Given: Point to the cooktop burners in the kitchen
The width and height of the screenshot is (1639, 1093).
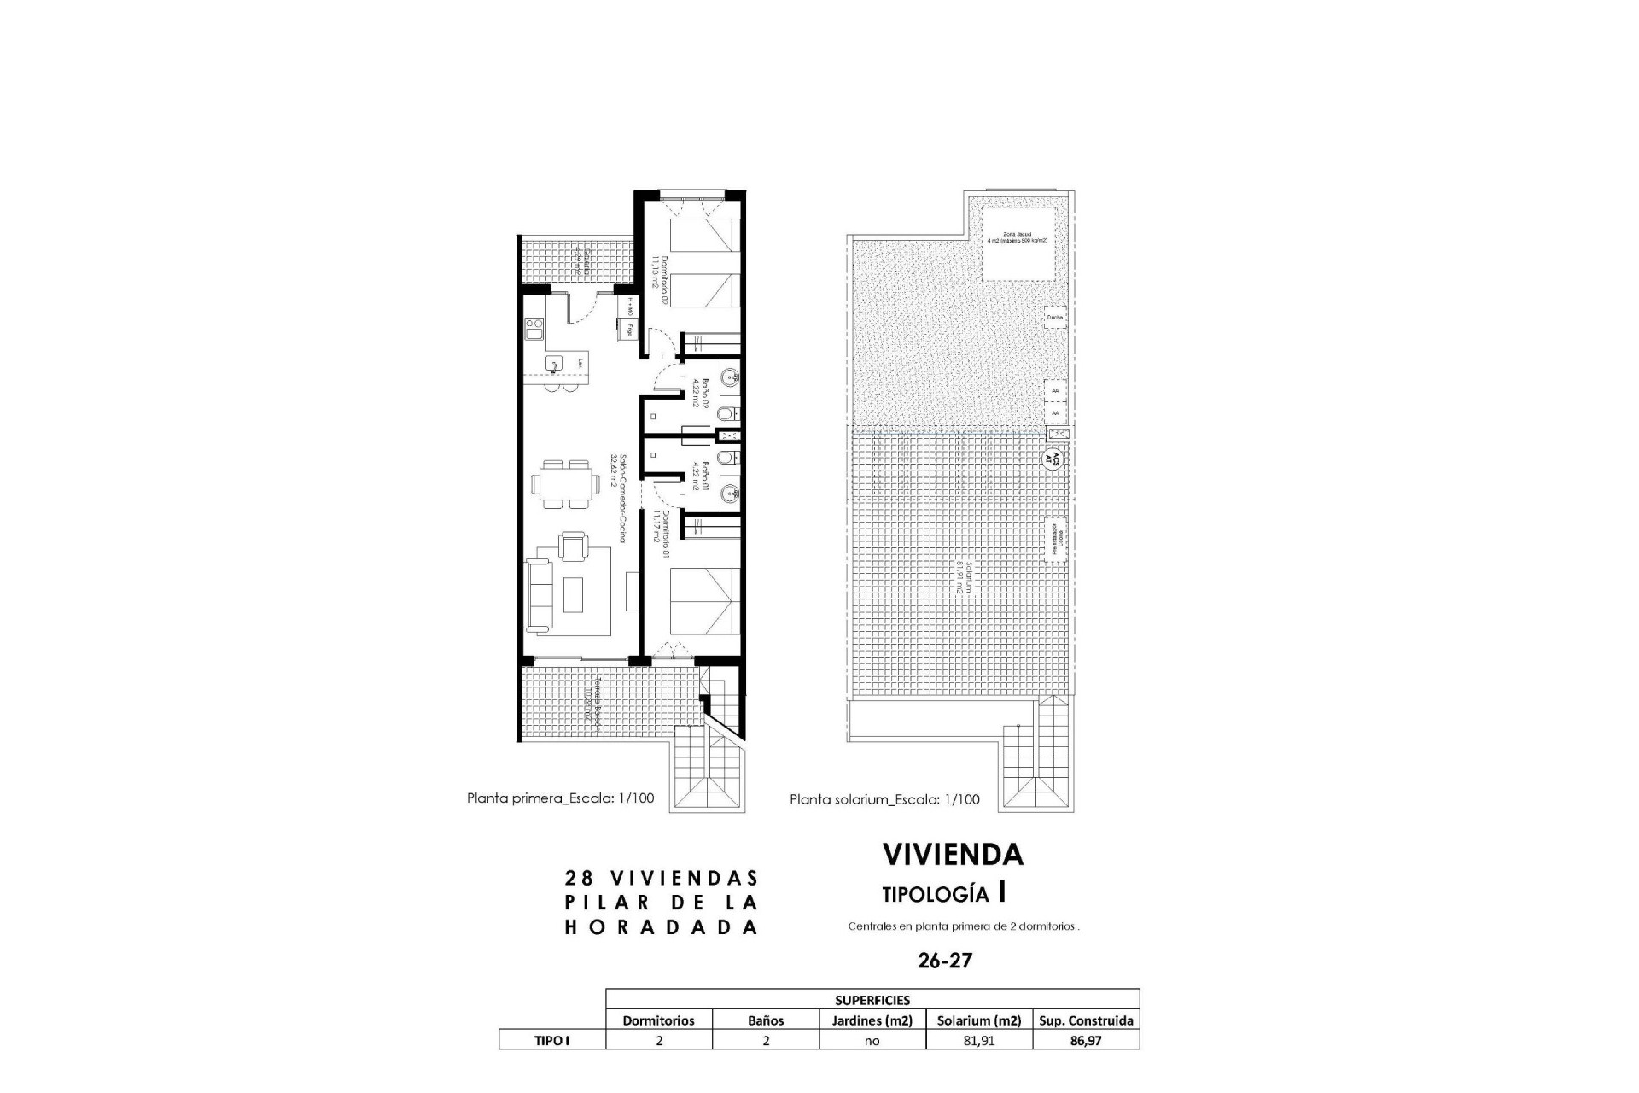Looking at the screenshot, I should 534,329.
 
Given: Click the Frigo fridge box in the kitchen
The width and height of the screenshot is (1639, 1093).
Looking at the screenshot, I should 630,328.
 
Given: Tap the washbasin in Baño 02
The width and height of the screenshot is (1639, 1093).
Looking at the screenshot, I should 731,377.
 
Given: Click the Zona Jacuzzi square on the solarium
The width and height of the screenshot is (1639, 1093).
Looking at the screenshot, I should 1016,243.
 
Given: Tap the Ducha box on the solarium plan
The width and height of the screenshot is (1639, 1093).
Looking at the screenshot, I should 1055,318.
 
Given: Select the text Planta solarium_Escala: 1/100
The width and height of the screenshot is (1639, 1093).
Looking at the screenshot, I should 884,800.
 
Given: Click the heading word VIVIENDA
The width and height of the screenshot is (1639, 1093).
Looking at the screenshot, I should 953,855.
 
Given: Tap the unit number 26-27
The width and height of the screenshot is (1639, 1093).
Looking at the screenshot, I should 944,961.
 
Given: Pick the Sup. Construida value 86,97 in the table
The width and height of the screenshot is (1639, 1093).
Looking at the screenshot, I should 1086,1041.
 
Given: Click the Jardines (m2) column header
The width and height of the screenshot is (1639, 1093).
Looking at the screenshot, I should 872,1020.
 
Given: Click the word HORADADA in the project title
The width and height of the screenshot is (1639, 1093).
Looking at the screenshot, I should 662,928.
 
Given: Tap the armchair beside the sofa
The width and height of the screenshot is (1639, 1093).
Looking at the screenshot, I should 572,545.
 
